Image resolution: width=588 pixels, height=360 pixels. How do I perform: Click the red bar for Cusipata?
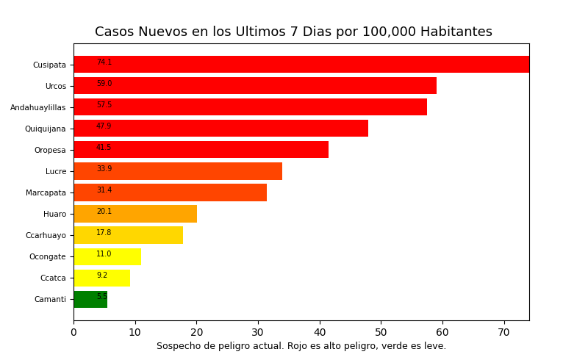[301, 65]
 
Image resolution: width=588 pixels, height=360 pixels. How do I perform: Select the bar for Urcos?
[255, 86]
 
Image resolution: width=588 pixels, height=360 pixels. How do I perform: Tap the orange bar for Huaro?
[135, 214]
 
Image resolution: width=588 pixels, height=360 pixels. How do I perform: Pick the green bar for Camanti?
[90, 299]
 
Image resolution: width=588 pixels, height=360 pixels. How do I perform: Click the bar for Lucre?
[178, 171]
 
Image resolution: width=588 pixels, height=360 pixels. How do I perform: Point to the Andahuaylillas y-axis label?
[37, 107]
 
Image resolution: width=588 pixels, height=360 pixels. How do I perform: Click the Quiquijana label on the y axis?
[45, 129]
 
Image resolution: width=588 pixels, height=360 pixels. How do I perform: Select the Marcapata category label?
[46, 192]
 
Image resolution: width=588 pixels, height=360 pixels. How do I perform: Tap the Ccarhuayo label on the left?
[46, 235]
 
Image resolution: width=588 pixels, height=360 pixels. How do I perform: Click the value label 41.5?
[104, 148]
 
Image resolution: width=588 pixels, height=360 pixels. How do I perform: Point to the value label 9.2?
[102, 276]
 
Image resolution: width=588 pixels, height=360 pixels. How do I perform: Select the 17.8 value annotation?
[104, 233]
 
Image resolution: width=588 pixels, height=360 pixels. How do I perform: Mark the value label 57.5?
[104, 105]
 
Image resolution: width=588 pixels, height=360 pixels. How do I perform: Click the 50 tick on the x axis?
[381, 333]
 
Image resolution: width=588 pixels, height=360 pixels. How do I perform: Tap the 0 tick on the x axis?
[73, 333]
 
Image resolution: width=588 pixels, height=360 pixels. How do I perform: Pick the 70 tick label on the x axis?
[503, 333]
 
